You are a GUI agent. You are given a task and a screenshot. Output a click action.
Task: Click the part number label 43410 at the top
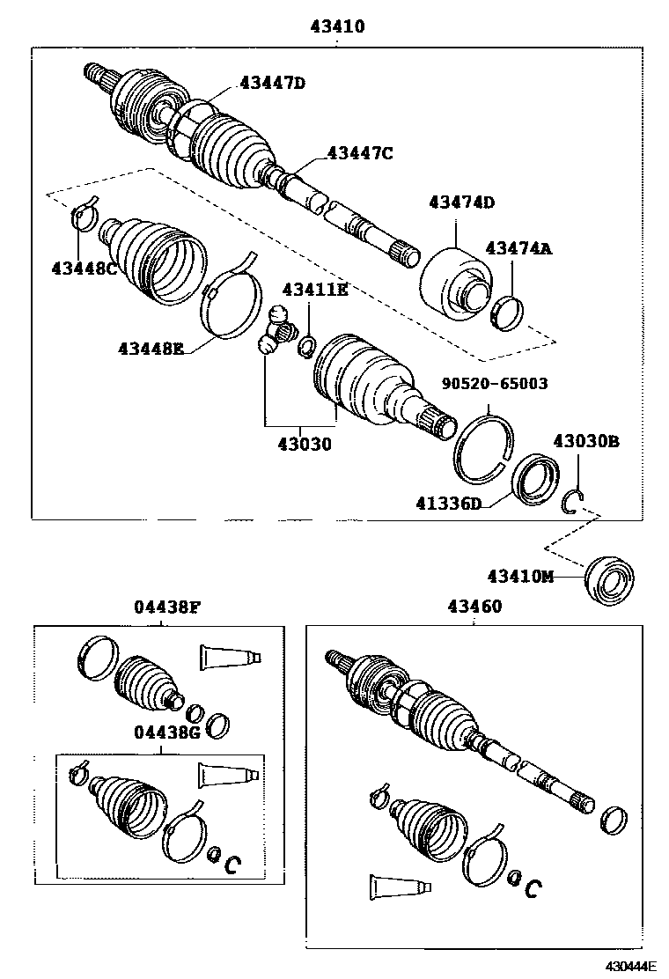[337, 27]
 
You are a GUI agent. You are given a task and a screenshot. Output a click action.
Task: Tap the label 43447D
[272, 84]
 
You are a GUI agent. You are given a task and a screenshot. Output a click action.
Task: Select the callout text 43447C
[359, 153]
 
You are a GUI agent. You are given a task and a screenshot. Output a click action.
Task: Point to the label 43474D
[461, 202]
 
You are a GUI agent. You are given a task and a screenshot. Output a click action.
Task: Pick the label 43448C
[85, 269]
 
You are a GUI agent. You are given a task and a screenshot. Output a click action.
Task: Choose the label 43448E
[151, 349]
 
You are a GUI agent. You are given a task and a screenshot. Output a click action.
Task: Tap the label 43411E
[314, 289]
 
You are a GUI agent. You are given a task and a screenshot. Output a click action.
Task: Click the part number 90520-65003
[495, 384]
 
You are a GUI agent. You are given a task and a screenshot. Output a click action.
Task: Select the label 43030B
[586, 441]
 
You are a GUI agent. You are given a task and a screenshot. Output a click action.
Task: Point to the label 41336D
[450, 504]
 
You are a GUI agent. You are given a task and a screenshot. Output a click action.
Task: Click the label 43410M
[522, 577]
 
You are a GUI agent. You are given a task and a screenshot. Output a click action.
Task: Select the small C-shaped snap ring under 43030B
[573, 501]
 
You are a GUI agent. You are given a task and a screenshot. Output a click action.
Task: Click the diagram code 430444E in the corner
[631, 966]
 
